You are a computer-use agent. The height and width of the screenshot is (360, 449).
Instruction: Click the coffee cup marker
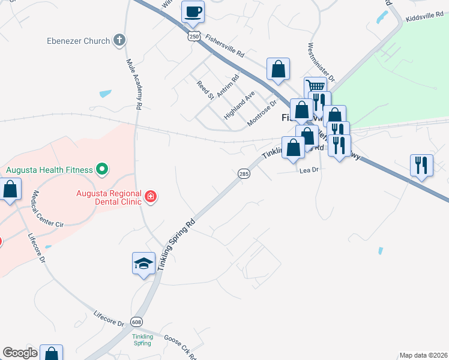[193, 12]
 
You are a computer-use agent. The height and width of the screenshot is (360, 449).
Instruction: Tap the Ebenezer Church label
[79, 41]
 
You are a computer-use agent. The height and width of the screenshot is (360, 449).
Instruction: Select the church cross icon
[119, 41]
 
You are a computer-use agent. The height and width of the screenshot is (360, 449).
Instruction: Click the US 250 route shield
[193, 37]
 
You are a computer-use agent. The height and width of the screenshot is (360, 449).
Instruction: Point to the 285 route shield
[243, 173]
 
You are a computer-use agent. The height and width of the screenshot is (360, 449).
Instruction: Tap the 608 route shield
[136, 322]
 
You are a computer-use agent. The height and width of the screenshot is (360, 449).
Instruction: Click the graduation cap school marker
[143, 263]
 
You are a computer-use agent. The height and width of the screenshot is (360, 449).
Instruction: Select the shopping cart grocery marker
[315, 88]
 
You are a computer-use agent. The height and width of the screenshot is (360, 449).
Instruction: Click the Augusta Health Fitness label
[50, 170]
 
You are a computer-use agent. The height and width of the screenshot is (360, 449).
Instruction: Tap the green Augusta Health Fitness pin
[102, 170]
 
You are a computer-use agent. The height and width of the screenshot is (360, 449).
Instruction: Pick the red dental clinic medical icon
[151, 196]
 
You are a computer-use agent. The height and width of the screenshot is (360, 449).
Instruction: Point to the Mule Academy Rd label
[134, 83]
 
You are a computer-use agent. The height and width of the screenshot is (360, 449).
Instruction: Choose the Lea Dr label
[308, 170]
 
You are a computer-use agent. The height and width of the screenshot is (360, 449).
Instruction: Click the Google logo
[20, 353]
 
